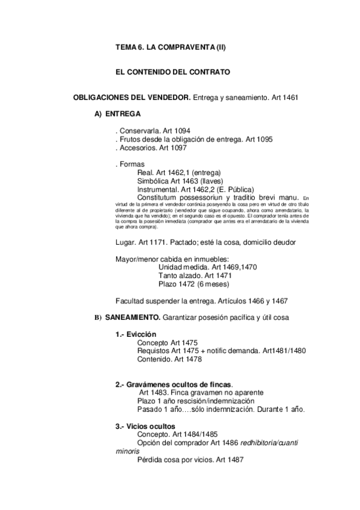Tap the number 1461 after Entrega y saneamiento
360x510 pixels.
click(290, 97)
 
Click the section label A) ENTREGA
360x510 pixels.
click(118, 114)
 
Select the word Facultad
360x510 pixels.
click(130, 300)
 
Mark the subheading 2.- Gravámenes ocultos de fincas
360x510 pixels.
click(174, 384)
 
